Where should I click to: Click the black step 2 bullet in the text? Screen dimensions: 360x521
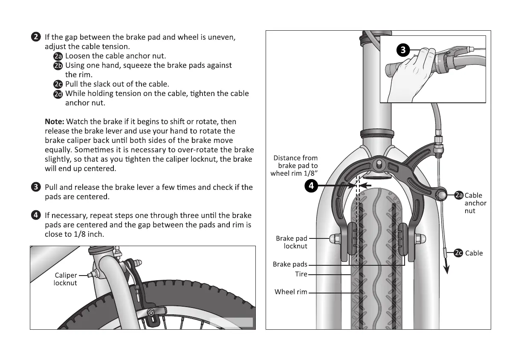(36, 37)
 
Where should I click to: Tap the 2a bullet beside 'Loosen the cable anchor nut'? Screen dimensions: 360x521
(58, 56)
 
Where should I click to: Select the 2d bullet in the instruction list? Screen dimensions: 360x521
(58, 94)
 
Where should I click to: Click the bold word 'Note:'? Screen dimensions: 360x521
(55, 122)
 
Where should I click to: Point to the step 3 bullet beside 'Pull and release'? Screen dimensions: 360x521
(36, 187)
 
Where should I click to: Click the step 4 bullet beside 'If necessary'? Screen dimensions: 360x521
(36, 215)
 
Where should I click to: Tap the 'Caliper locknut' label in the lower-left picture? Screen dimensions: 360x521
(65, 279)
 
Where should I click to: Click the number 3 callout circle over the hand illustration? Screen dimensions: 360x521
(403, 50)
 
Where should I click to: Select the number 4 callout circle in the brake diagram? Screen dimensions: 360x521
(312, 186)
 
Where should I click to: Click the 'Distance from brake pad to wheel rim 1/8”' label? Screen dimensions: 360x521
(295, 166)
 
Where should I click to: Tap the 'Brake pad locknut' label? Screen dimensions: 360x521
(292, 242)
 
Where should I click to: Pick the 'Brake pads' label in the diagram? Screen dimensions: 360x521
(290, 264)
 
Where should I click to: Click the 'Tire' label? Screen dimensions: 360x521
(301, 274)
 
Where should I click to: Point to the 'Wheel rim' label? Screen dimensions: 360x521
(291, 292)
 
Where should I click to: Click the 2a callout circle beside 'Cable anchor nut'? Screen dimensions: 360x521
(459, 195)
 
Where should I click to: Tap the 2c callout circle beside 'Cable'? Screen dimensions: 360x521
(459, 253)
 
